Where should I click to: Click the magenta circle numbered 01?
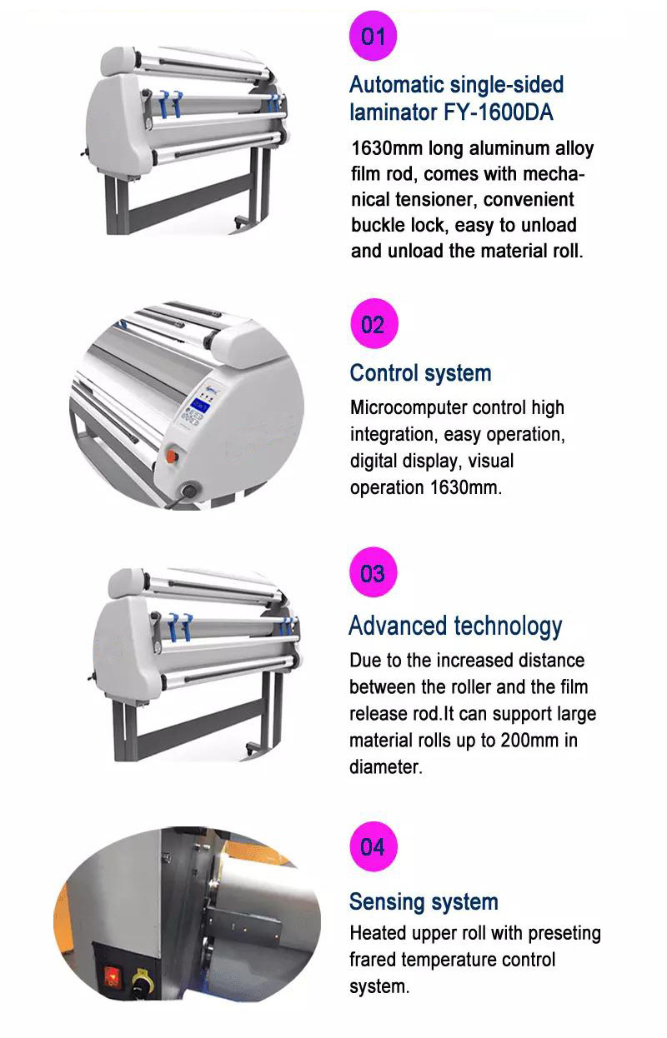(x=373, y=36)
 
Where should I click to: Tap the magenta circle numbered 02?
(x=374, y=324)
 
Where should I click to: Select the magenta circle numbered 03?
(x=373, y=572)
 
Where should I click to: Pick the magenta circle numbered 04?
(x=373, y=846)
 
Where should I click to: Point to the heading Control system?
(x=421, y=373)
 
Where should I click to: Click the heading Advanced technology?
(x=455, y=626)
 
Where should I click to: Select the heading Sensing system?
(x=424, y=901)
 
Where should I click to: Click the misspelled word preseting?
(x=564, y=934)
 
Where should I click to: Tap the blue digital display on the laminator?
(x=201, y=405)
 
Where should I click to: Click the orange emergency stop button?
(x=172, y=456)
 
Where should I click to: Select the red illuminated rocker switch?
(x=112, y=976)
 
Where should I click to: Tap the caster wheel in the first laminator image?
(x=240, y=222)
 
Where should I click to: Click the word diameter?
(x=386, y=767)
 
